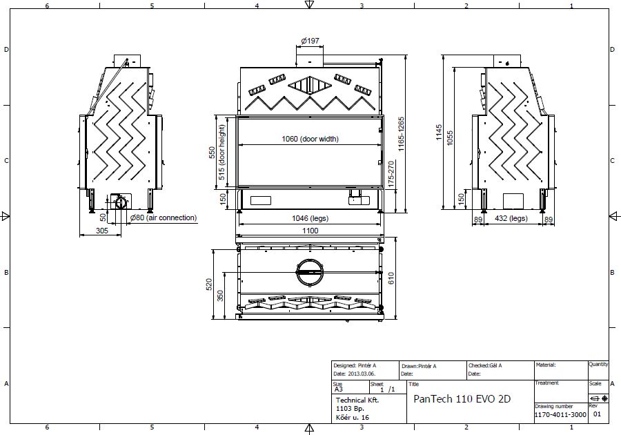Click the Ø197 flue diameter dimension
(310, 41)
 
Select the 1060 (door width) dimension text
(310, 139)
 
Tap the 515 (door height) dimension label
(221, 152)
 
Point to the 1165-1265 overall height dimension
(402, 134)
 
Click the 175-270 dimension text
(391, 174)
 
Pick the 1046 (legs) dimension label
(310, 218)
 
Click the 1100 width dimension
(310, 231)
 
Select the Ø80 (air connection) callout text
(163, 218)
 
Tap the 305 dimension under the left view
(102, 231)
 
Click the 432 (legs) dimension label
(511, 218)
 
